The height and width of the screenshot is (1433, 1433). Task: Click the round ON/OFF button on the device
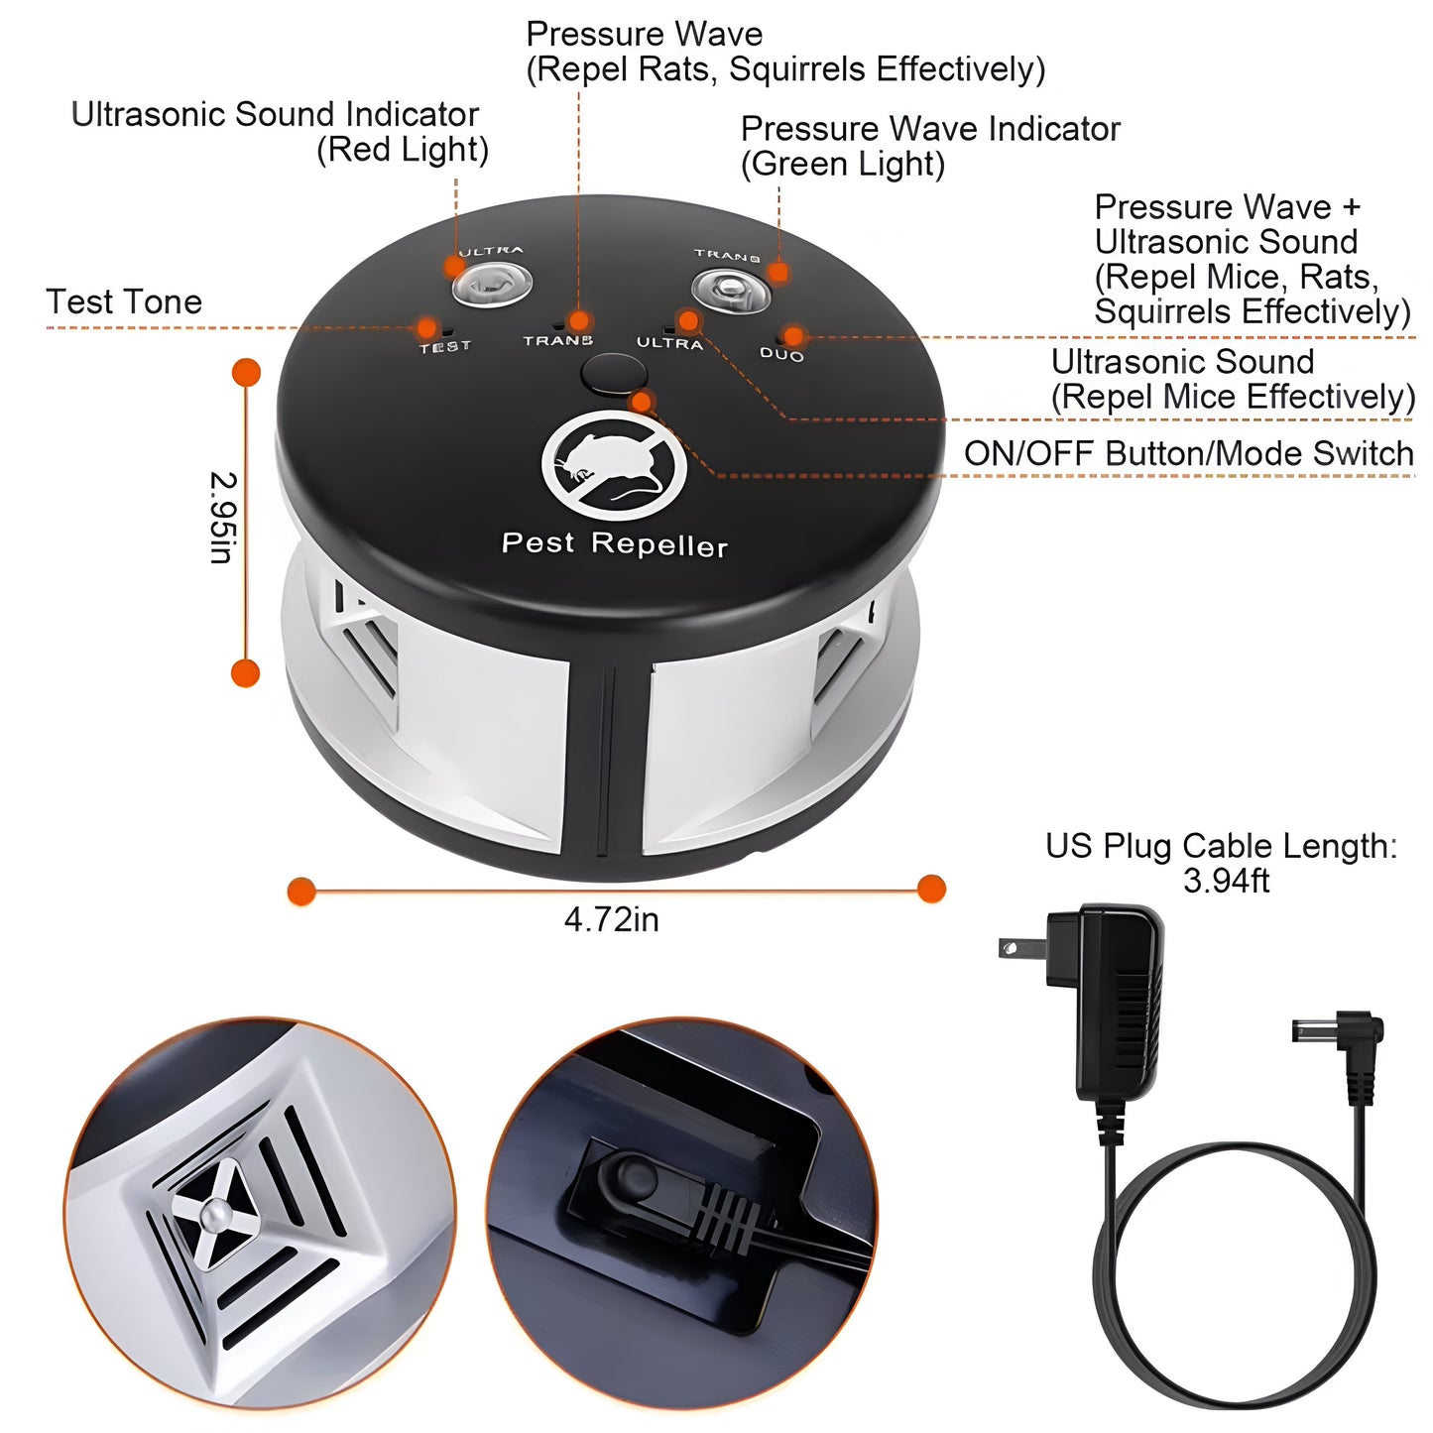tap(614, 374)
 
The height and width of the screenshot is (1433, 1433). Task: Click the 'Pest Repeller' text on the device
tap(614, 543)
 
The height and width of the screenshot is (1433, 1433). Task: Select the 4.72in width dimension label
tap(611, 920)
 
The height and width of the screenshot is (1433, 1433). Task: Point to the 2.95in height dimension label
tap(222, 518)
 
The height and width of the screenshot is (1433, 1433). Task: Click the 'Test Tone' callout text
tap(124, 301)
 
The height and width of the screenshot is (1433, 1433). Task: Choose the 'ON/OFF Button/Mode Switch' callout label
tap(1188, 453)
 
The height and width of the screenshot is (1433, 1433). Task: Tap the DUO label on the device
tap(781, 354)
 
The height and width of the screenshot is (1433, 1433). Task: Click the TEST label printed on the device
tap(445, 347)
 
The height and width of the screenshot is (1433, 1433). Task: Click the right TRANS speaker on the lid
tap(731, 290)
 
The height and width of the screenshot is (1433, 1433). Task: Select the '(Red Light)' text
tap(402, 150)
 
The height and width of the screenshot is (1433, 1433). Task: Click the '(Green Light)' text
tap(843, 164)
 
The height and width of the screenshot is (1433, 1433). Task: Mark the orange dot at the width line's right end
tap(930, 889)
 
